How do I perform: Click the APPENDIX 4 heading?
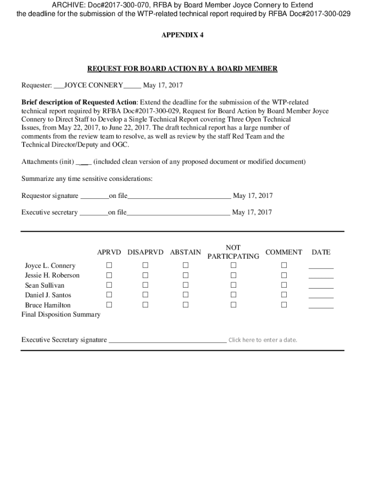click(182, 35)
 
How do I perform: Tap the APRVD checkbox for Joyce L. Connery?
click(109, 265)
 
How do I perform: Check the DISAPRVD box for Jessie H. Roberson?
click(146, 275)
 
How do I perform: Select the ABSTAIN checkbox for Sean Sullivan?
click(186, 285)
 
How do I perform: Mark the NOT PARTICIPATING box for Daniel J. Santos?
click(233, 295)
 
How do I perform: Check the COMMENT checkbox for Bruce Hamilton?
click(284, 305)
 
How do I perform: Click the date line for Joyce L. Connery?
click(321, 267)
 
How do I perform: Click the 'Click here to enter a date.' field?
click(263, 340)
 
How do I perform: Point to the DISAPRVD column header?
click(146, 252)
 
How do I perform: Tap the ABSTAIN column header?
click(185, 252)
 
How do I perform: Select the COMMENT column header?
click(284, 252)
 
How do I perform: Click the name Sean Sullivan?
click(45, 285)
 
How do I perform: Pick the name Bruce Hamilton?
click(47, 305)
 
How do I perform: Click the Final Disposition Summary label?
click(61, 315)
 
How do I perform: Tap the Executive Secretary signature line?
click(167, 340)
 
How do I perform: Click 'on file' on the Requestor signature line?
click(118, 196)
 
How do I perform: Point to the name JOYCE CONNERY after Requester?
click(93, 86)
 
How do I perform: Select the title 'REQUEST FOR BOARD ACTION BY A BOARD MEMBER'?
click(182, 69)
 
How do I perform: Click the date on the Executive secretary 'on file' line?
click(252, 212)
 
